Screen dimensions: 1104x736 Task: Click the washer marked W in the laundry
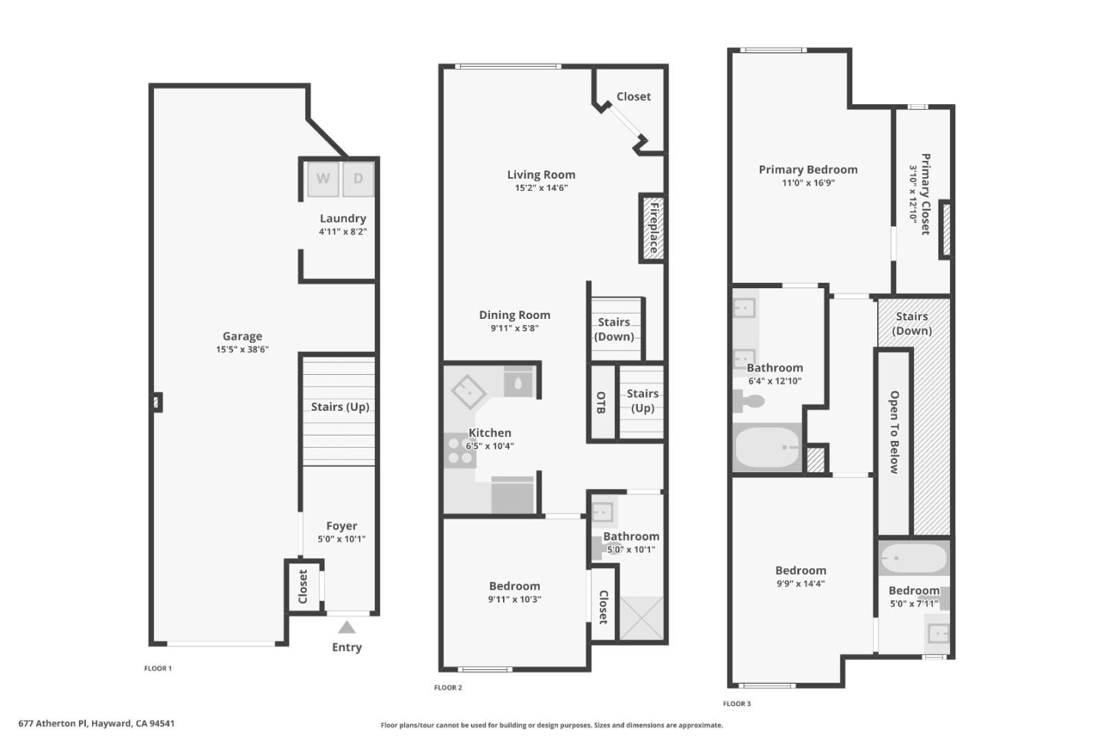point(324,179)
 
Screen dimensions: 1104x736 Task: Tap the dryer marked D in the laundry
point(358,179)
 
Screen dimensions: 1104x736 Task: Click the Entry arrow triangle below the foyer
point(347,627)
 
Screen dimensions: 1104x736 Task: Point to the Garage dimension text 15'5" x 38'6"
point(242,350)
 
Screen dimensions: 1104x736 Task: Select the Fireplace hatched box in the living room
point(652,228)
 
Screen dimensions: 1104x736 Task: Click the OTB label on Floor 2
point(601,402)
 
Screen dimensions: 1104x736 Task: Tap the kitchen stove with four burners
point(460,451)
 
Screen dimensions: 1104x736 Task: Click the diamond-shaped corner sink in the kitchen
point(468,392)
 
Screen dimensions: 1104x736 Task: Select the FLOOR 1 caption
point(158,669)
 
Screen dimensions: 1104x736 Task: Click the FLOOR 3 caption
point(737,704)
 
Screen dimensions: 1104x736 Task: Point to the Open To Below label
point(894,432)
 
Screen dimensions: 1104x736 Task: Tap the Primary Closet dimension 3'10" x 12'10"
point(913,194)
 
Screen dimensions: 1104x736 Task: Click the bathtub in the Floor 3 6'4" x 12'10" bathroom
point(767,448)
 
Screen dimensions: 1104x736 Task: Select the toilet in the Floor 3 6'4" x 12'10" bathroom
point(747,401)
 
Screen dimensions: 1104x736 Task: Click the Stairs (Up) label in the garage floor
point(340,406)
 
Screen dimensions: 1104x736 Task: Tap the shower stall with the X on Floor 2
point(641,618)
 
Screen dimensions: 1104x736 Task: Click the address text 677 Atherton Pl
point(53,723)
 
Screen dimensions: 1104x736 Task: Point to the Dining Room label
point(514,314)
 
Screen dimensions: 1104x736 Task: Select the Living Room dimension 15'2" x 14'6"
point(541,188)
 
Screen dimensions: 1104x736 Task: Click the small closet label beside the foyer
point(303,586)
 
